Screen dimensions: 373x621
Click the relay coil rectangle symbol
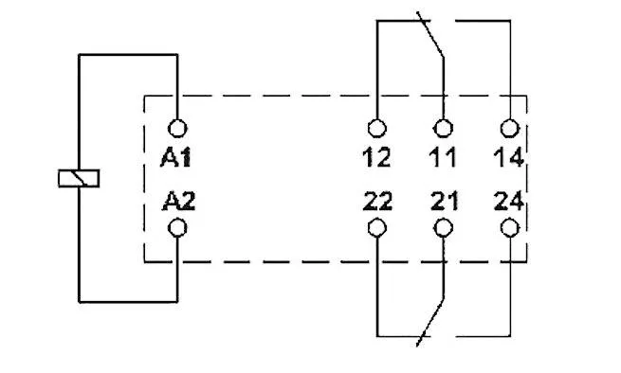79,178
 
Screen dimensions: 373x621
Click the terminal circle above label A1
177,128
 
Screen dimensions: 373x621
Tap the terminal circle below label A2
177,227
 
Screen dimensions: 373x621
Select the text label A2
177,201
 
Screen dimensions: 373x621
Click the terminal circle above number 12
377,128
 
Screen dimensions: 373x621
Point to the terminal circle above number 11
442,128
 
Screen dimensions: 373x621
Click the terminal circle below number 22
377,227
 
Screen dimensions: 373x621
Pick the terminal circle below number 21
442,227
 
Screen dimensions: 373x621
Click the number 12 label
376,157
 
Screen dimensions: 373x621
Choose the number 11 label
441,157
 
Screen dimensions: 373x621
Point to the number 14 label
509,157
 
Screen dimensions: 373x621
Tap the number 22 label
376,201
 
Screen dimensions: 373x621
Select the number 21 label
441,201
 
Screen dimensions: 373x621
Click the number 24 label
509,201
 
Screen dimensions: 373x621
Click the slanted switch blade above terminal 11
431,38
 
